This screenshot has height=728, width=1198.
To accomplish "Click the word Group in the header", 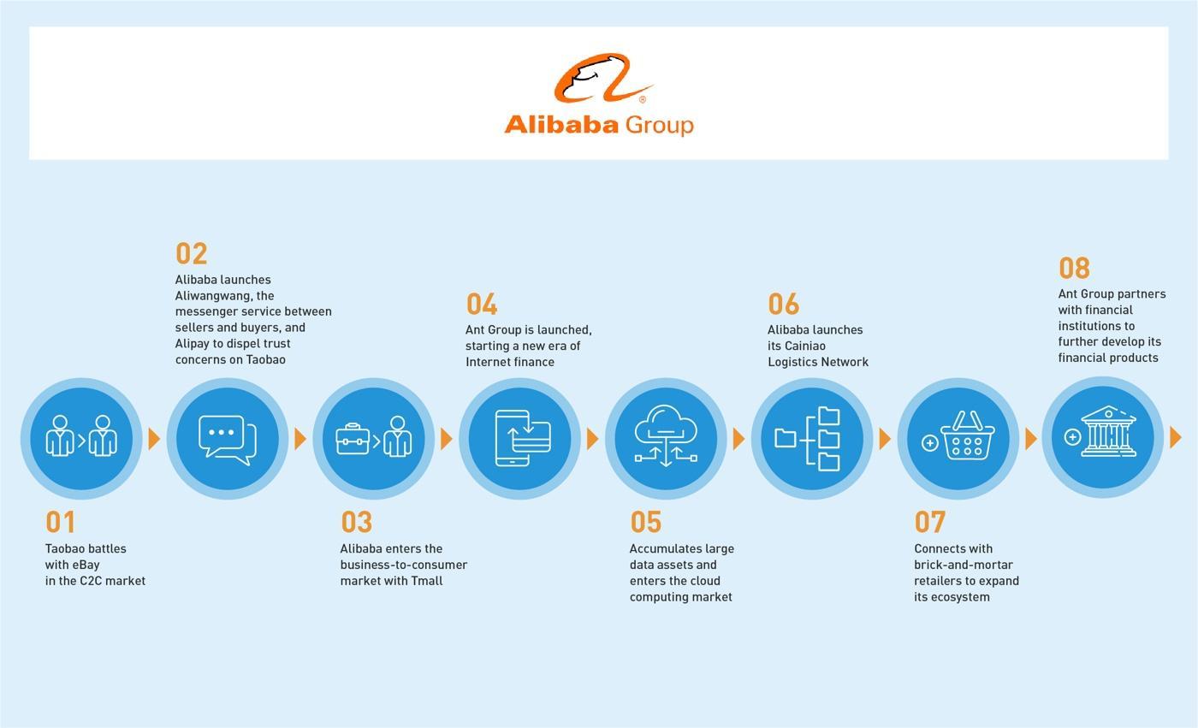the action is (660, 126).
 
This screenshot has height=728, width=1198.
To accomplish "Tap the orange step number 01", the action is (61, 522).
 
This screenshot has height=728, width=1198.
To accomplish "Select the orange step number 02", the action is (192, 253).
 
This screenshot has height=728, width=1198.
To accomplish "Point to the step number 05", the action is (646, 522).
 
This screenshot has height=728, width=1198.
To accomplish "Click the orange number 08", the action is (1075, 268).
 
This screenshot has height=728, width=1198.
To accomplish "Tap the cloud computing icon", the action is (666, 435).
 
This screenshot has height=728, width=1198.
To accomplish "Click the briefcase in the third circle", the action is (353, 440).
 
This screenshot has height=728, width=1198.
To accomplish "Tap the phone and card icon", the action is (523, 438).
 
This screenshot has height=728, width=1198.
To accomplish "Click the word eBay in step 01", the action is (86, 565).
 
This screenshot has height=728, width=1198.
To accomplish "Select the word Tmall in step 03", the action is (427, 581).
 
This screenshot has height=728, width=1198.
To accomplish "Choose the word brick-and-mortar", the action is (964, 565).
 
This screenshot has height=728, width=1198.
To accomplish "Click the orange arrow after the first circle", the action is (154, 439).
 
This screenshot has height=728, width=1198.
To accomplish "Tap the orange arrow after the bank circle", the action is (1176, 437).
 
